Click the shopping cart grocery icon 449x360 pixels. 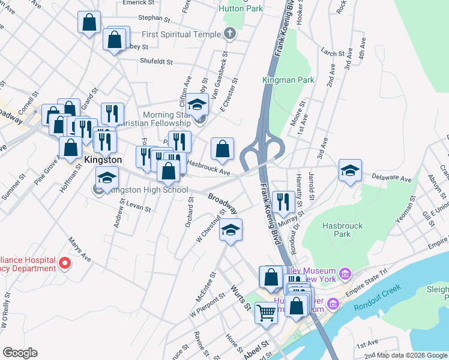266,312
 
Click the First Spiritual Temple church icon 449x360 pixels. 229,34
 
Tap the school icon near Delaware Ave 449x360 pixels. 350,170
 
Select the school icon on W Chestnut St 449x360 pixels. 231,230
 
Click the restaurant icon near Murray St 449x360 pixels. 283,201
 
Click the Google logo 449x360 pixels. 20,353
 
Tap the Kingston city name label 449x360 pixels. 103,160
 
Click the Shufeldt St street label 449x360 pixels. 148,61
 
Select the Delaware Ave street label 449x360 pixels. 391,179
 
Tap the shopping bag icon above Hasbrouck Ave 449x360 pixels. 222,148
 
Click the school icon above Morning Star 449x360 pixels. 197,104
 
